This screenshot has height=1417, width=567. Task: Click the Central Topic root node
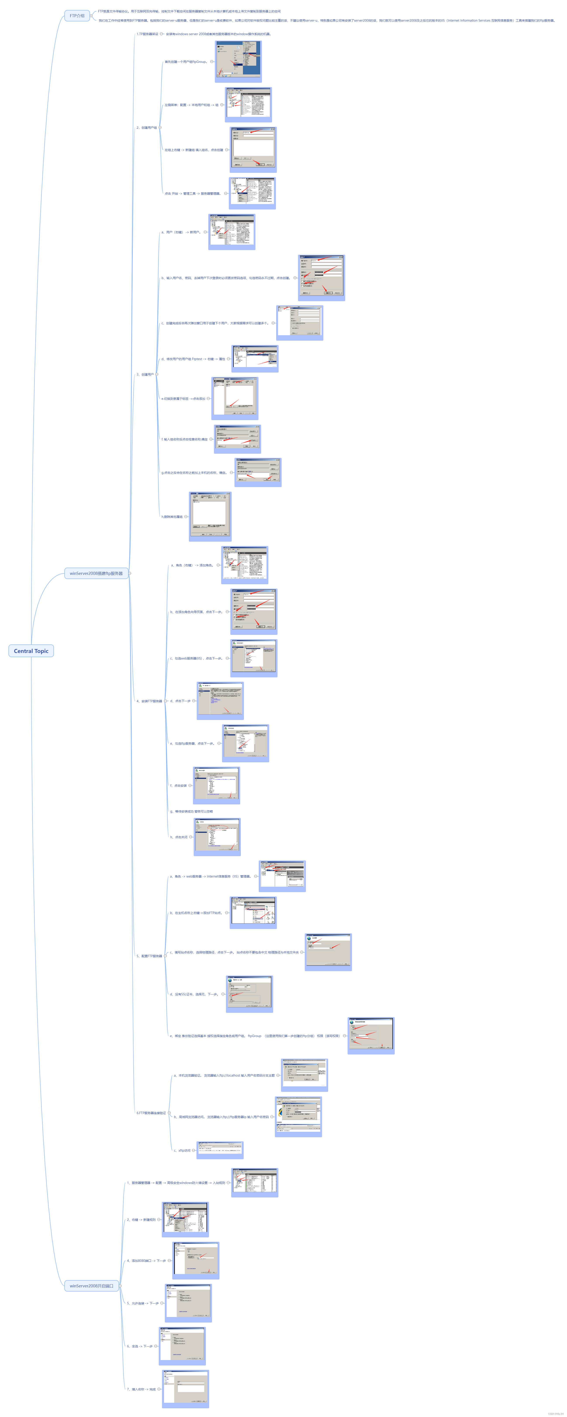(x=31, y=651)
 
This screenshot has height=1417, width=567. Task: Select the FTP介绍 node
(x=77, y=15)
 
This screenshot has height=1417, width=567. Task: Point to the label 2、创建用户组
(x=146, y=128)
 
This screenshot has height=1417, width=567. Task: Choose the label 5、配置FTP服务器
(x=149, y=956)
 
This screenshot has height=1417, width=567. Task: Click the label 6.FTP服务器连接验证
(x=151, y=1113)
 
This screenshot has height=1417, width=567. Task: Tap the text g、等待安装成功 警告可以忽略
(x=191, y=811)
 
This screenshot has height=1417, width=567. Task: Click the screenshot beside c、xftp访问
(x=220, y=1150)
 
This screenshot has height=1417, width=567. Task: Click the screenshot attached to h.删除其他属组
(x=210, y=516)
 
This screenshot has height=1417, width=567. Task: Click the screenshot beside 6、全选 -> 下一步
(x=182, y=1345)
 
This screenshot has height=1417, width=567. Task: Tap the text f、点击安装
(x=178, y=785)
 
